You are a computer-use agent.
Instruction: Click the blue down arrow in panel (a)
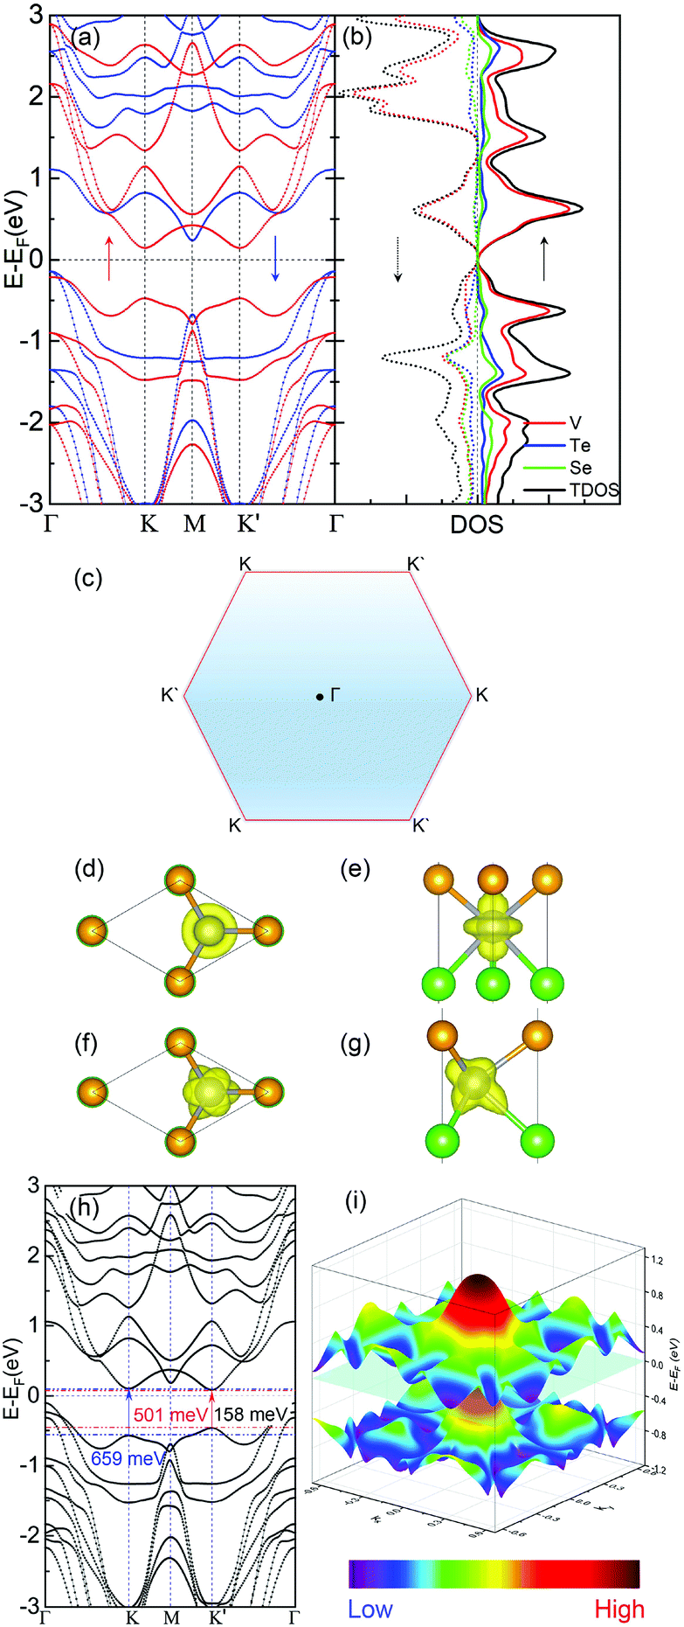coord(276,258)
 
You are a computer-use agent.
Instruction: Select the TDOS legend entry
coord(594,490)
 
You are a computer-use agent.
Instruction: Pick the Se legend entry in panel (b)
coord(580,469)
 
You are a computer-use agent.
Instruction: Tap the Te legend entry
coord(579,446)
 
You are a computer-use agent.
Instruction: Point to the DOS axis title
coord(477,525)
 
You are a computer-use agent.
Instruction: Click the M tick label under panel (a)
coord(194,525)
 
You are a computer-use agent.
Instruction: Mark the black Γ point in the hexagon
coord(321,697)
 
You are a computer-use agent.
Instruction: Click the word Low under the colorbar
coord(370,1610)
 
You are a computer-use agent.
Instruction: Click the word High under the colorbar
coord(619,1610)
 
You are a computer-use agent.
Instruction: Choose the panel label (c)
coord(88,579)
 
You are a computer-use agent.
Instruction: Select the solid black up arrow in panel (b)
coord(544,259)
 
